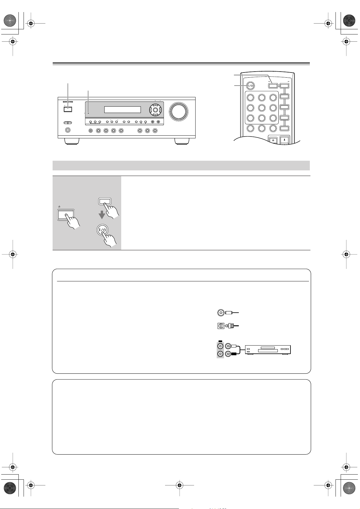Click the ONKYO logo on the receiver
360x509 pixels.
pyautogui.click(x=66, y=102)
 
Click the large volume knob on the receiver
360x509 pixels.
pyautogui.click(x=178, y=111)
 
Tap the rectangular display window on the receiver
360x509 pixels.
pyautogui.click(x=122, y=110)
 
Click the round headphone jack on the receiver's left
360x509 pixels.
pyautogui.click(x=68, y=130)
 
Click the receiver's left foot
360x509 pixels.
pyautogui.click(x=72, y=141)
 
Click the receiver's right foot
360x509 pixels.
pyautogui.click(x=182, y=141)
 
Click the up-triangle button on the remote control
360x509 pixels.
pyautogui.click(x=284, y=140)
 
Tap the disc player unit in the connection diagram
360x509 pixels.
pyautogui.click(x=268, y=350)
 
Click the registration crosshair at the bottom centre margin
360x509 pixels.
pyautogui.click(x=180, y=485)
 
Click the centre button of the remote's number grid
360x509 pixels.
pyautogui.click(x=262, y=108)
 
